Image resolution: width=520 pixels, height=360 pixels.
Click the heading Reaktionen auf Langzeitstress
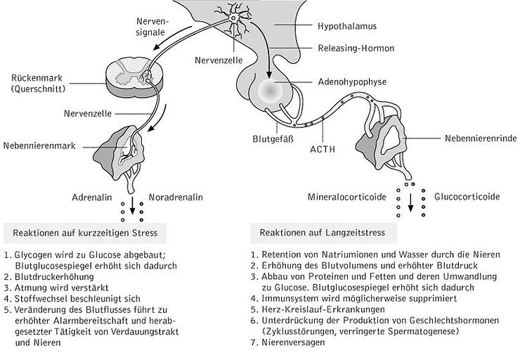point(318,231)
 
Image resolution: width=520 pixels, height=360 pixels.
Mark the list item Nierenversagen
point(289,342)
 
